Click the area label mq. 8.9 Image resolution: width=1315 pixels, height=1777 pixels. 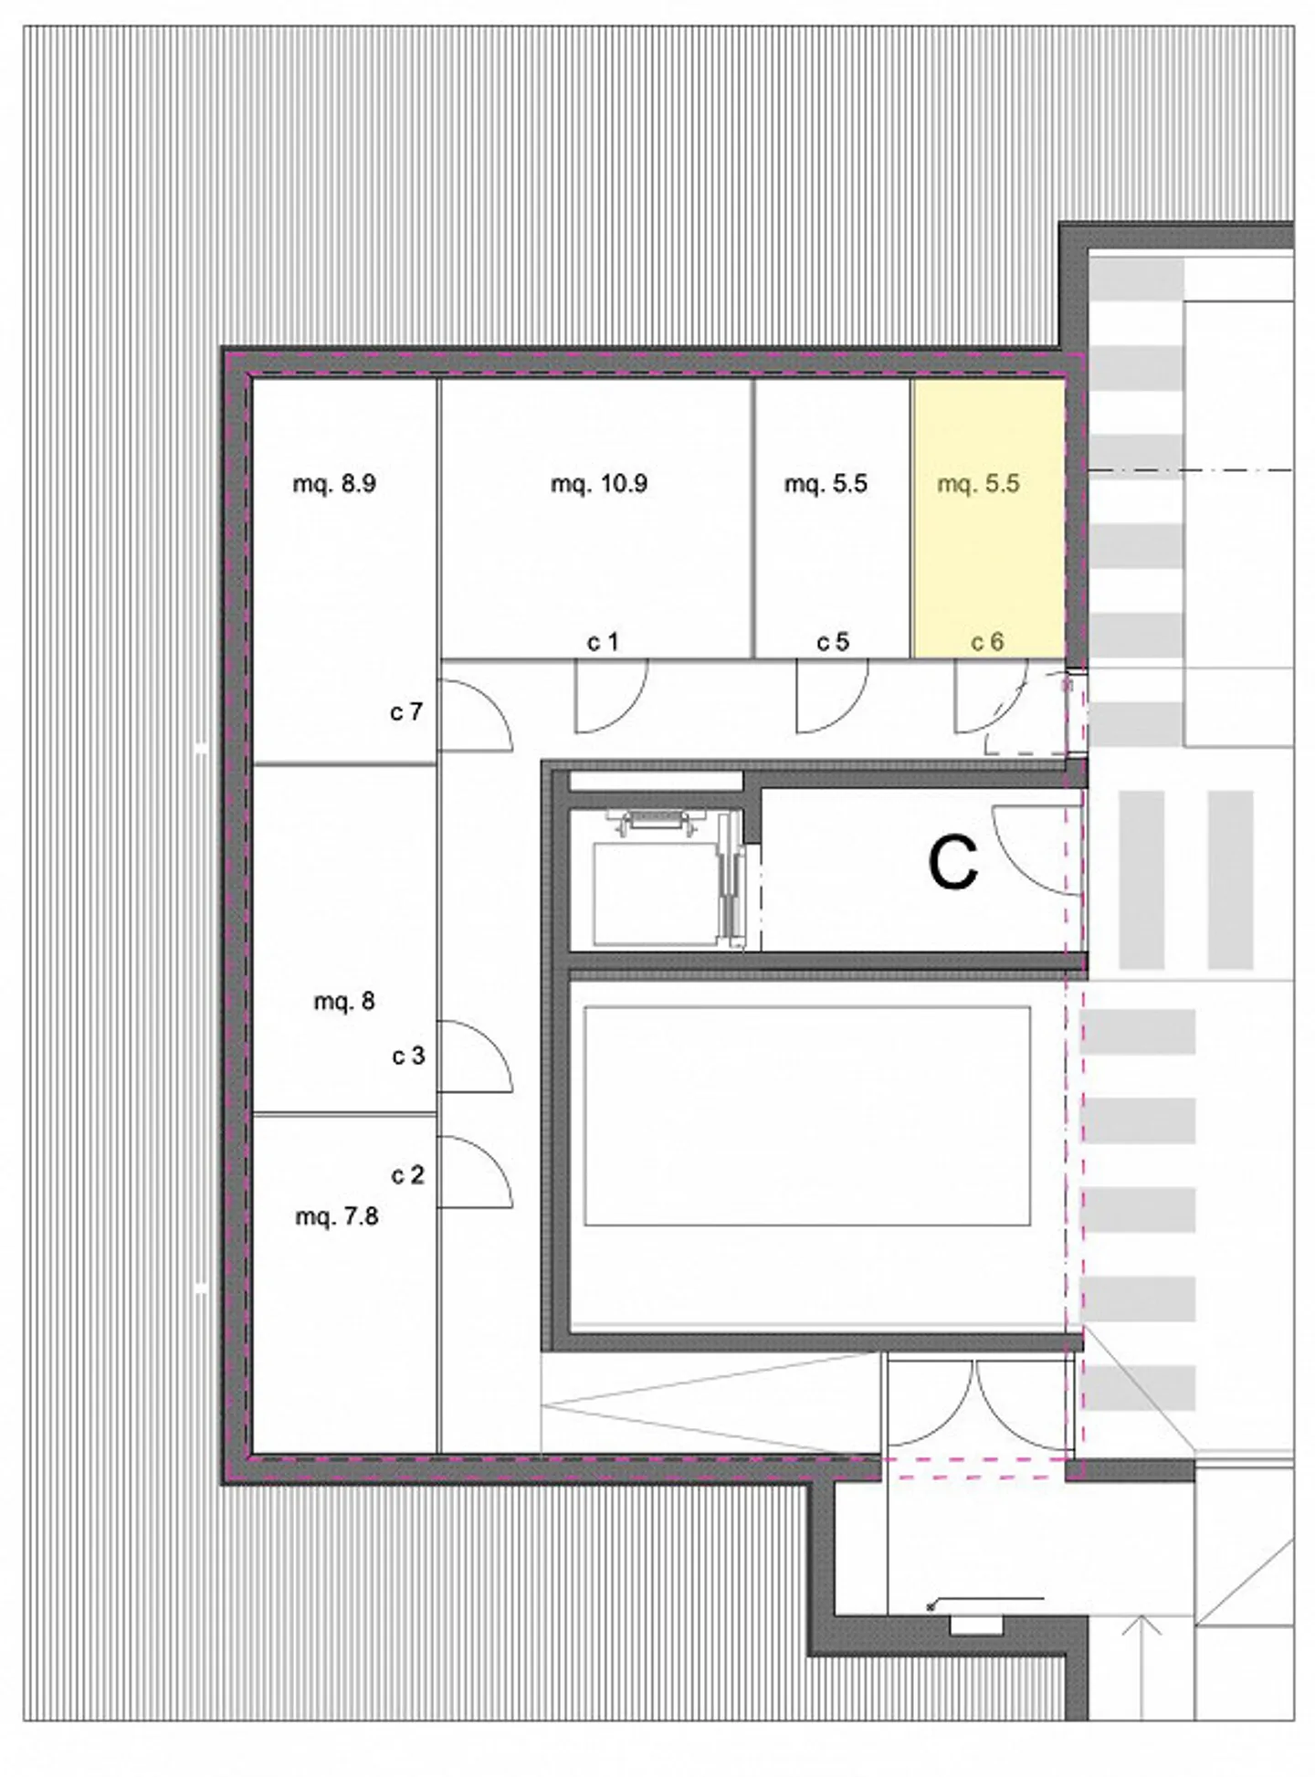coord(334,484)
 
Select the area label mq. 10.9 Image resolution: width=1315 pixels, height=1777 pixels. coord(599,484)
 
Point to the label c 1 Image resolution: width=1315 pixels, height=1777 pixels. coord(603,643)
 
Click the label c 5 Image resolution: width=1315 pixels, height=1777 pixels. coord(833,643)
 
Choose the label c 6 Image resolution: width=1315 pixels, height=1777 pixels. coord(987,643)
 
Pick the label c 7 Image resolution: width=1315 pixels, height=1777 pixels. coord(406,711)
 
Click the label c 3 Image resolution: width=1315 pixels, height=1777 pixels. coord(408,1057)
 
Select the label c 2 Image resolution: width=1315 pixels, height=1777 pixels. coord(407,1175)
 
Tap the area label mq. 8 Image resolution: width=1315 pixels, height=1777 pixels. coord(344,1002)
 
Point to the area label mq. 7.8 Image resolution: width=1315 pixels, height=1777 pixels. coord(336,1217)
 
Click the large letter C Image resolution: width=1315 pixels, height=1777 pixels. coord(952,864)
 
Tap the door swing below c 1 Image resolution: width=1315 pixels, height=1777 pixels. coord(610,698)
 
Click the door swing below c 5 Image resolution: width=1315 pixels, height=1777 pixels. coord(831,698)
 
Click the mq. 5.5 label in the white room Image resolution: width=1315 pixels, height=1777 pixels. coord(826,484)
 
